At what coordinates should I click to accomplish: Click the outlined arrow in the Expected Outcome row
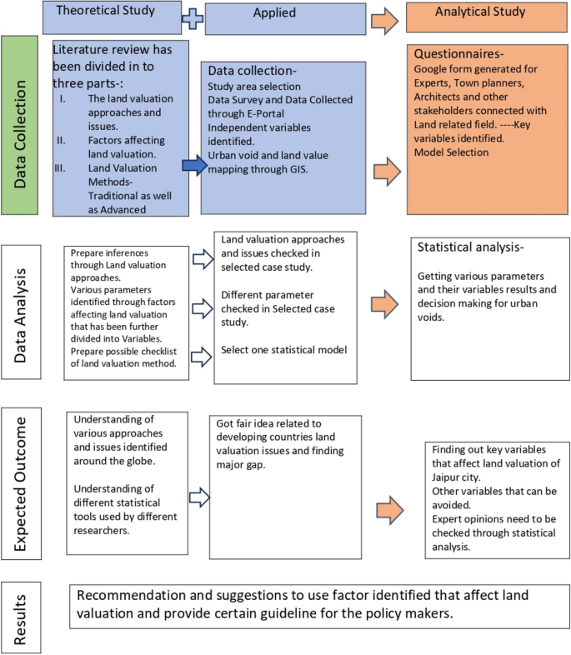click(197, 497)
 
